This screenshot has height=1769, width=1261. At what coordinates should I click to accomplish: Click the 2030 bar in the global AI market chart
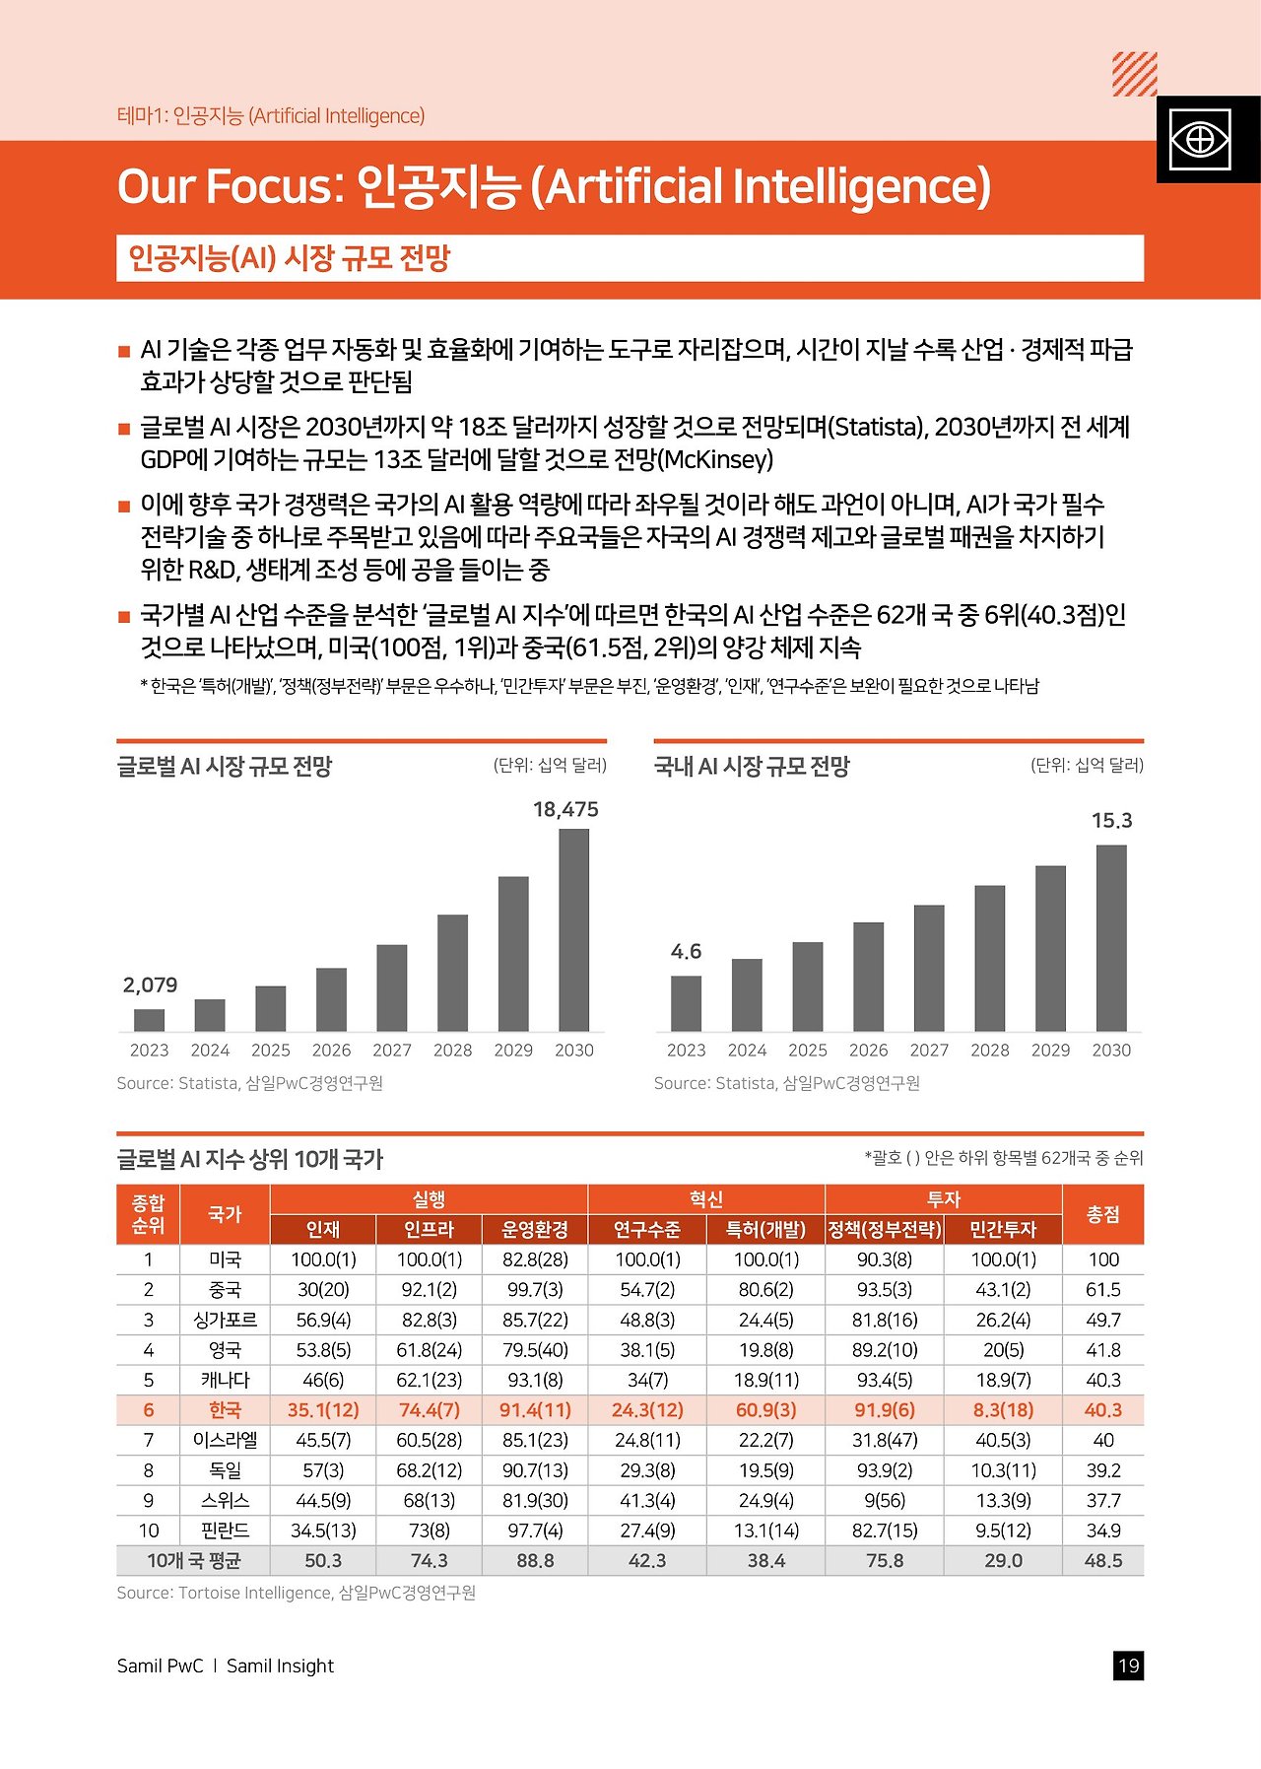[573, 929]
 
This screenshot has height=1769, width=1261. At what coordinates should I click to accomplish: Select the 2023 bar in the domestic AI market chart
[686, 1003]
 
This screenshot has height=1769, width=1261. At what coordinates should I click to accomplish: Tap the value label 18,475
[565, 809]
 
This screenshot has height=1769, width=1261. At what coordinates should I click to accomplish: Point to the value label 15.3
[1111, 820]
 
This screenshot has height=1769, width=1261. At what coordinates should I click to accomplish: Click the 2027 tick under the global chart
[392, 1051]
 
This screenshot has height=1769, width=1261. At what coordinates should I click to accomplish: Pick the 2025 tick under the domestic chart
[807, 1051]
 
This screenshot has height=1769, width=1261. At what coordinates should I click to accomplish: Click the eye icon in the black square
[1199, 140]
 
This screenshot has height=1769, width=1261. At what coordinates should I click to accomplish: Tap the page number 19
[1128, 1666]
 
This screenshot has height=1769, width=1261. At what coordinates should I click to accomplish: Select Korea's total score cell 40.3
[1102, 1410]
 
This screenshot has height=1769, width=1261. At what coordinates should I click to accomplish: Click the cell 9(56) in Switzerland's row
[884, 1501]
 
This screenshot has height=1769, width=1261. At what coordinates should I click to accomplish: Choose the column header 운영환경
[535, 1229]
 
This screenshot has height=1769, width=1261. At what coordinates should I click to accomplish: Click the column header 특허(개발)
[765, 1229]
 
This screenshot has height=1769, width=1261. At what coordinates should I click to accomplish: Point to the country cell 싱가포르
[225, 1320]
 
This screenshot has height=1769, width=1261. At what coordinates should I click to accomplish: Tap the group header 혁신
[705, 1199]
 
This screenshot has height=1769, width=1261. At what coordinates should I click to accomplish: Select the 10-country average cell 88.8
[535, 1561]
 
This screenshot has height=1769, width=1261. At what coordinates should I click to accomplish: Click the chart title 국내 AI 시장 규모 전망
[752, 766]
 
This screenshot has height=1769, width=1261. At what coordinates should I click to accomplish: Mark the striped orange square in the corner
[1134, 74]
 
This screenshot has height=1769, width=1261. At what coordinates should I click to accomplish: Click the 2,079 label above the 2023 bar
[150, 985]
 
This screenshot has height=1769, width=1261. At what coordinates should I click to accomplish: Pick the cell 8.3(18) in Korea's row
[1002, 1410]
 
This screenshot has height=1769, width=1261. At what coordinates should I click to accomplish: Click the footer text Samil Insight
[280, 1666]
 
